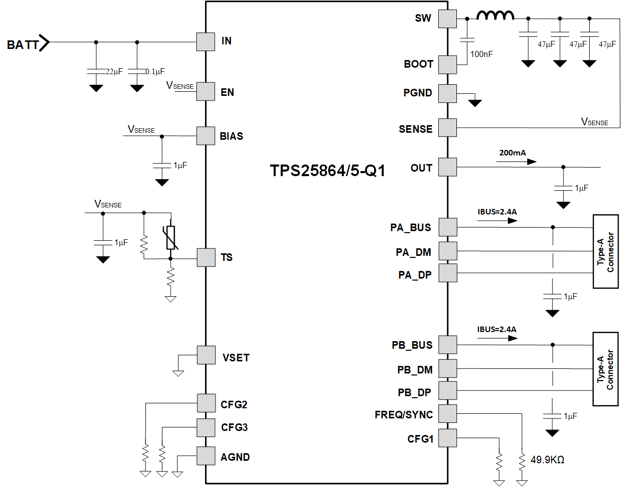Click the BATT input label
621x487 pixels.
pos(23,44)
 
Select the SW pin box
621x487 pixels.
pos(447,19)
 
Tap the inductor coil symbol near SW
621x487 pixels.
pos(495,17)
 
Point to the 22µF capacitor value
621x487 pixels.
pos(114,72)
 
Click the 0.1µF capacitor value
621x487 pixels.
pos(155,72)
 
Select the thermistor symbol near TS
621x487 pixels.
pos(171,238)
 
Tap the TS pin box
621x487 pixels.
pos(205,258)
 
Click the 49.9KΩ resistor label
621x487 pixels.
pos(547,460)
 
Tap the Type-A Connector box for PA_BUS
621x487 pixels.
pos(605,251)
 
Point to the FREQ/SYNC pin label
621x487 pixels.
pos(403,415)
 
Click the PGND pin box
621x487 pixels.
pos(447,93)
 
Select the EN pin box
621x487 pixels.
pos(205,92)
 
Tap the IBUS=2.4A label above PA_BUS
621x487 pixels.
pos(497,212)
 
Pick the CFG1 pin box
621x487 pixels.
pos(447,438)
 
